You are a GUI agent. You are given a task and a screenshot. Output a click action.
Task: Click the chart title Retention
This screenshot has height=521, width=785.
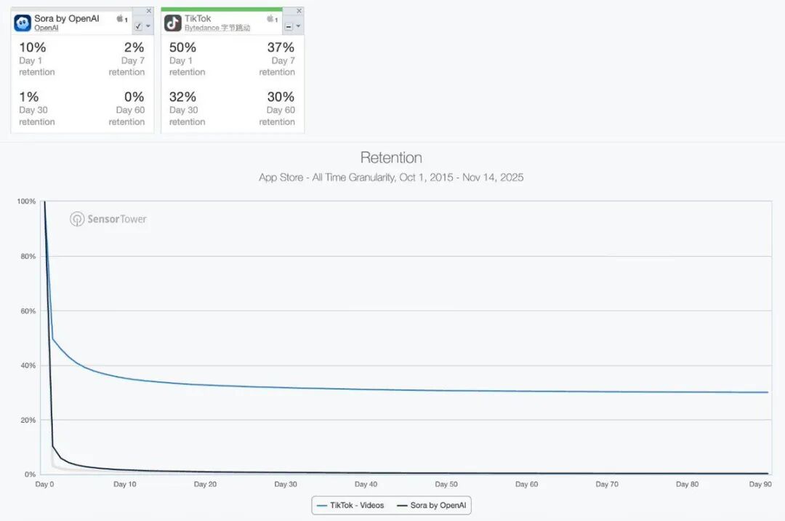(x=391, y=158)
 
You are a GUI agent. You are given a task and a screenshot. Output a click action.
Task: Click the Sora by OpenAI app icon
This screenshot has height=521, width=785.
(x=23, y=23)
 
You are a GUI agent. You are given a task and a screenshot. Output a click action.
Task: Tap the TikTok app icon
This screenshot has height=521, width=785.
(x=173, y=23)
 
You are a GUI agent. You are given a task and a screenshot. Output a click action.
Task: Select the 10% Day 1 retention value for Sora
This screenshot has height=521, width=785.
(x=32, y=47)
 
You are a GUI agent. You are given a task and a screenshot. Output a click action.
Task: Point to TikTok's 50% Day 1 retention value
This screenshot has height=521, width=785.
(x=182, y=47)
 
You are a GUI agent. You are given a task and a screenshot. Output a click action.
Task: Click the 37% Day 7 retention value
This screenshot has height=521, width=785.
(x=281, y=47)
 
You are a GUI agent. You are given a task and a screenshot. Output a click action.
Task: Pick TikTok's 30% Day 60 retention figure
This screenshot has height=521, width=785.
(x=281, y=97)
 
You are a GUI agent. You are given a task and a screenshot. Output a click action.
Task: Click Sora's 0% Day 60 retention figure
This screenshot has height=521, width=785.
(x=134, y=97)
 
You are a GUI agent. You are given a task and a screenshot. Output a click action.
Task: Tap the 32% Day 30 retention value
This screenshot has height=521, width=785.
(x=182, y=97)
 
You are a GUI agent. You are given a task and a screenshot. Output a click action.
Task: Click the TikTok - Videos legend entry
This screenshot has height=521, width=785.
(x=351, y=505)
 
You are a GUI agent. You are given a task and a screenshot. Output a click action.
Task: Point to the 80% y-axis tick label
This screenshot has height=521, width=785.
(x=28, y=256)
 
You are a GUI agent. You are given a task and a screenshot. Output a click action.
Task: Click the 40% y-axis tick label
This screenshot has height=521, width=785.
(x=28, y=365)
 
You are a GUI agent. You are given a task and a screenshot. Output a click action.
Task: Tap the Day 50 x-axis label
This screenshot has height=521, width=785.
(x=446, y=484)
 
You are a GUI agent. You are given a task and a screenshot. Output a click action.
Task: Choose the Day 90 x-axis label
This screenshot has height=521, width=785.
(x=760, y=484)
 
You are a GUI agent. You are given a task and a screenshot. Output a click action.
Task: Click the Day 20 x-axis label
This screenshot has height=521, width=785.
(x=205, y=484)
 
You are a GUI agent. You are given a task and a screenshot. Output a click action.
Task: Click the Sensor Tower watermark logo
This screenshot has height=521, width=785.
(x=108, y=219)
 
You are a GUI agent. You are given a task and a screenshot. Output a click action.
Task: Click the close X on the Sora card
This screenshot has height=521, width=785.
(x=148, y=11)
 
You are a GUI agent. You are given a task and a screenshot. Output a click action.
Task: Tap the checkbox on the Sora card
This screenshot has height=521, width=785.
(x=139, y=26)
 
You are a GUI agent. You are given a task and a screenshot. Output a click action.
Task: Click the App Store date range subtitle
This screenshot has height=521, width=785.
(x=391, y=178)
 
